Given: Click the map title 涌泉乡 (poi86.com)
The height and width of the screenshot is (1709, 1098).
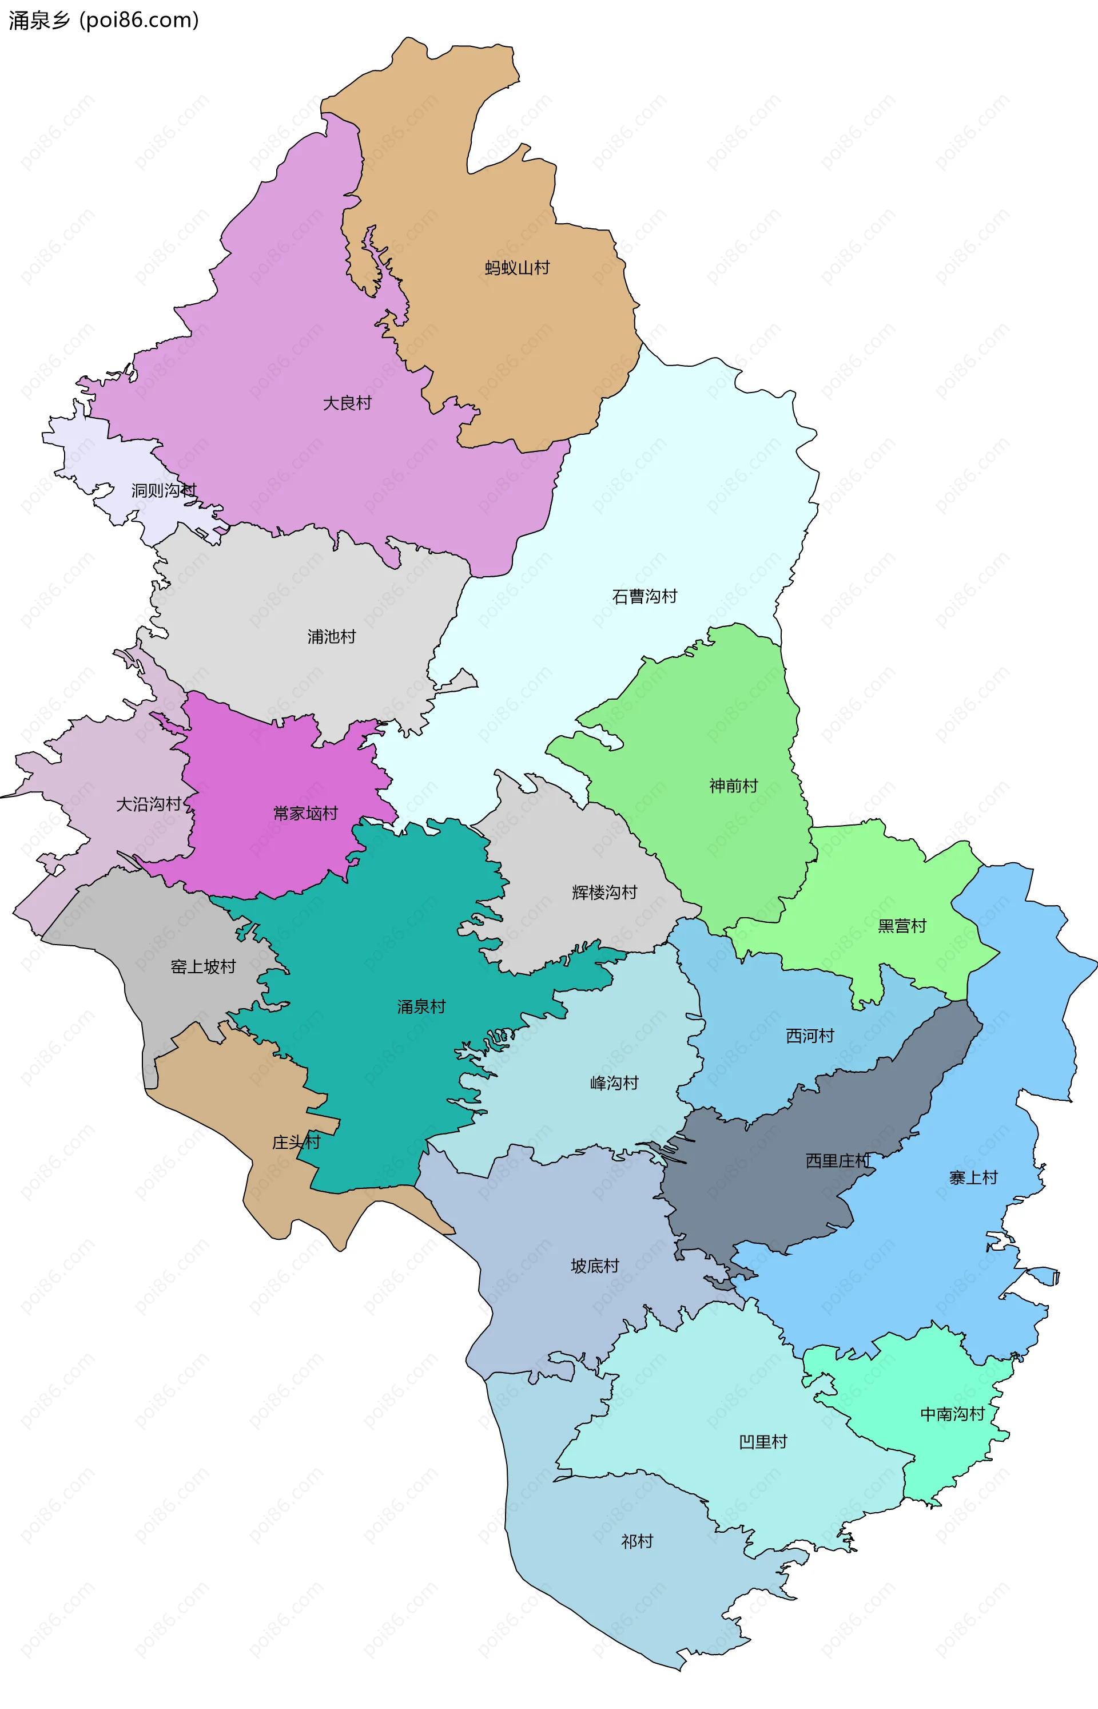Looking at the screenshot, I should point(104,20).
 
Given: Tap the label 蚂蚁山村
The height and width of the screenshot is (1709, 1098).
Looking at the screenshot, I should point(517,268).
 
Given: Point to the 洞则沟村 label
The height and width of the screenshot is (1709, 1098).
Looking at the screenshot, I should point(164,491).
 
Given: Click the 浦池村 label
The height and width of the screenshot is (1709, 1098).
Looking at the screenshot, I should point(332,637).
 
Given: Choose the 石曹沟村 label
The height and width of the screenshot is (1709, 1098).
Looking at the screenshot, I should point(645,596).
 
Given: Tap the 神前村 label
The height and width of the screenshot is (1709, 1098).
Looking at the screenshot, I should point(733,786).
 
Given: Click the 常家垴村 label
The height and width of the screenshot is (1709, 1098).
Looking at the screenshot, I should point(305,814).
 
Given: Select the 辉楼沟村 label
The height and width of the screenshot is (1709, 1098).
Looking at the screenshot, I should point(604,893).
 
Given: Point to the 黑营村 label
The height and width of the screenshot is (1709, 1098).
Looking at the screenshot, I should point(901,926).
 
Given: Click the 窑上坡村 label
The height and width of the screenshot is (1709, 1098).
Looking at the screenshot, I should point(203,967).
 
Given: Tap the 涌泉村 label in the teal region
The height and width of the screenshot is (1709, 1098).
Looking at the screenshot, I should point(421,1007).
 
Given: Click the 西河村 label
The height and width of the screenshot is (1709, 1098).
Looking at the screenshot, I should point(810,1036).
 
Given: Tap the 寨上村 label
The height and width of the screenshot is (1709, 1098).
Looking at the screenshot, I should point(973,1178).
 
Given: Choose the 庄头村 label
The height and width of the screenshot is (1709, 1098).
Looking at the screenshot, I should point(296,1143).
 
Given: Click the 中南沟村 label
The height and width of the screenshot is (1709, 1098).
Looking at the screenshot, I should point(952,1414).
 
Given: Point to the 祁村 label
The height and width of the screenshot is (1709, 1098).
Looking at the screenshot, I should point(636,1542).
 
